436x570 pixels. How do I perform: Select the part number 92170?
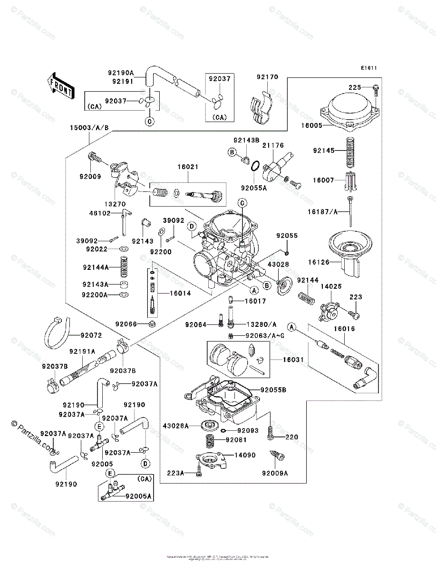[267, 77]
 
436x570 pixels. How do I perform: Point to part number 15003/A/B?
[89, 127]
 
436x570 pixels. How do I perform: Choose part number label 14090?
[244, 455]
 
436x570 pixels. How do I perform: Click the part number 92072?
[91, 336]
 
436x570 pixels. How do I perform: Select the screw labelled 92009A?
[278, 456]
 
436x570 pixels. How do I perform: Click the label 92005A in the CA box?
[138, 496]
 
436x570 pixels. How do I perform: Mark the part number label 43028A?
[176, 426]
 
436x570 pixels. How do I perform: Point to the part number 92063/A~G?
[265, 336]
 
